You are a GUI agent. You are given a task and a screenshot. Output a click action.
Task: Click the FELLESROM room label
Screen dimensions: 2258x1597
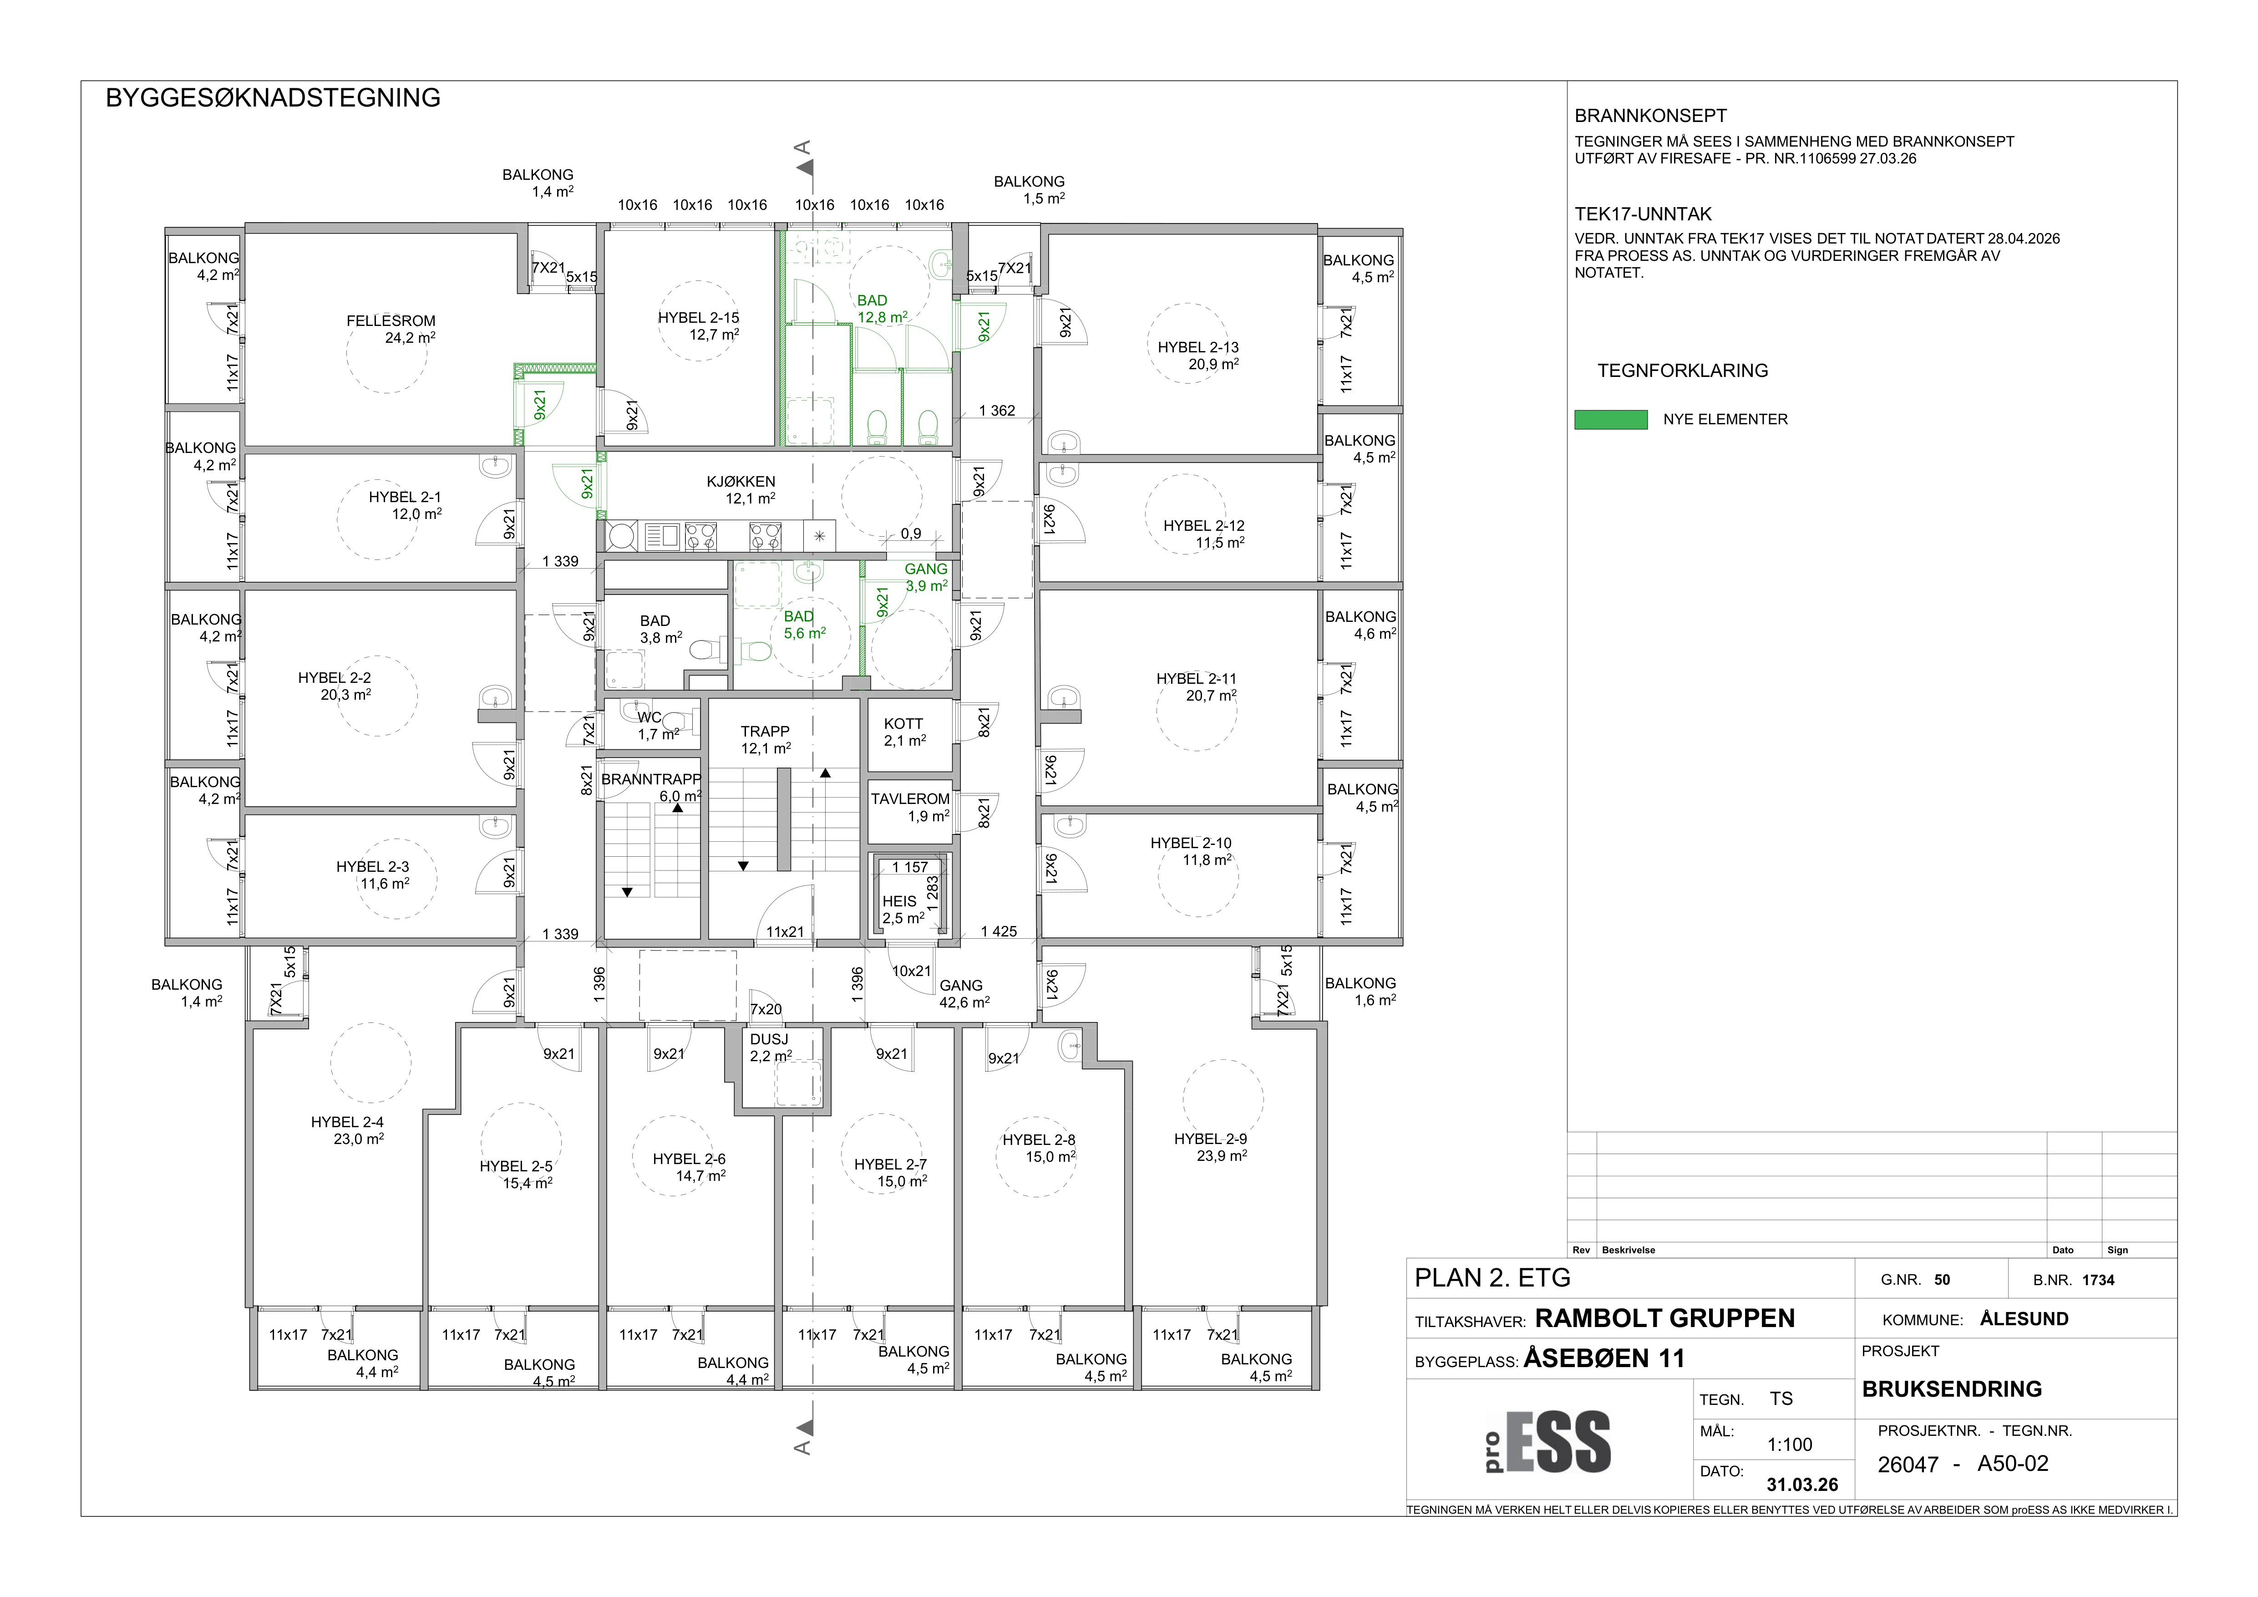point(391,320)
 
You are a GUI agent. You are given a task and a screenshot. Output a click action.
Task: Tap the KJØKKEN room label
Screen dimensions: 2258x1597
point(741,482)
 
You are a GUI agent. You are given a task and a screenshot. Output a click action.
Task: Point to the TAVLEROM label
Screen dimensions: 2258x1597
point(910,798)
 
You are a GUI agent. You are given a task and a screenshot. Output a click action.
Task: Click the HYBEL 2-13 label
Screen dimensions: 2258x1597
point(1198,347)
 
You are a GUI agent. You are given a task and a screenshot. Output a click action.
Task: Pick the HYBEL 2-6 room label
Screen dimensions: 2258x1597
point(688,1160)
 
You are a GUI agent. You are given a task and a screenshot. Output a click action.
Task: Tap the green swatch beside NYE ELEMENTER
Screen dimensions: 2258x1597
point(1611,420)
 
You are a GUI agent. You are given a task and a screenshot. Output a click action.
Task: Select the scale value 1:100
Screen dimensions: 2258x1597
point(1790,1444)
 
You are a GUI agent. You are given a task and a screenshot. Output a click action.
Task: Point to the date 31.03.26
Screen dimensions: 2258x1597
point(1801,1485)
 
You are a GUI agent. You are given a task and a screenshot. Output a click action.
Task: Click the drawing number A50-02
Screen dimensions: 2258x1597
point(2013,1463)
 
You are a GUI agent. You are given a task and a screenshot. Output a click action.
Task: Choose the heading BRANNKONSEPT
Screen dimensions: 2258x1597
point(1650,116)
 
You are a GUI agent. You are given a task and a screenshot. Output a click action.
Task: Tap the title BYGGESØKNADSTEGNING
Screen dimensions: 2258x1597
point(273,98)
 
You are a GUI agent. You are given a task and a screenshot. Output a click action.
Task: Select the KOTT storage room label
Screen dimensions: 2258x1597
point(903,724)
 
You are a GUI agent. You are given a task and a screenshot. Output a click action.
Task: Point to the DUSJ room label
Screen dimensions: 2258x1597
point(769,1039)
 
